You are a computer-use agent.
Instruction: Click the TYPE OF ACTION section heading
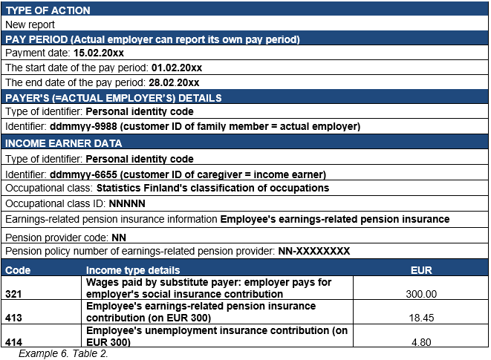tap(48, 10)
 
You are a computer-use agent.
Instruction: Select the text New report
tap(30, 24)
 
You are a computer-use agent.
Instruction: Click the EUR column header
tap(421, 270)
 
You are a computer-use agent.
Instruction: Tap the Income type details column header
tap(133, 270)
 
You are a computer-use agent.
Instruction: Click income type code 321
tap(14, 294)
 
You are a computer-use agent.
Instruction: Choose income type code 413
tap(14, 318)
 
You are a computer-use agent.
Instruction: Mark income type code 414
tap(14, 341)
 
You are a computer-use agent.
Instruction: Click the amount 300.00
tap(421, 294)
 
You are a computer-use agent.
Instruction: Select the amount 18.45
tap(421, 318)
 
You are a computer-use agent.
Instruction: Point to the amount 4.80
tap(421, 341)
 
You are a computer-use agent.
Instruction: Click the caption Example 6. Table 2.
tap(63, 353)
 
